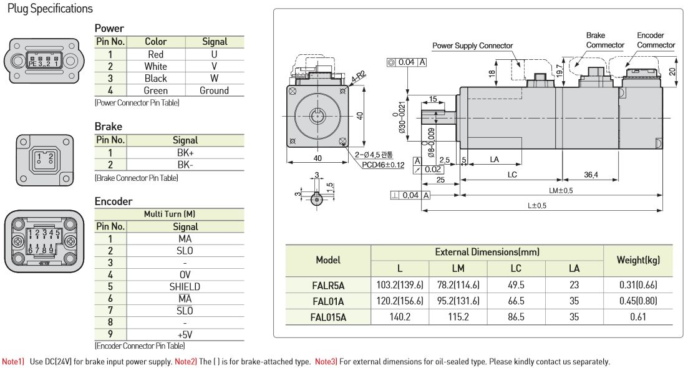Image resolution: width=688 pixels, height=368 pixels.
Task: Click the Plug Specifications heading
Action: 50,9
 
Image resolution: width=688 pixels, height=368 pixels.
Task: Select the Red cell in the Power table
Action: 155,54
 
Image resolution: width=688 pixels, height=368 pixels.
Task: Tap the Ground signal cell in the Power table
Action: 214,90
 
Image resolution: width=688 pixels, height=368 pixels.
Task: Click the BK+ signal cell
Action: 185,153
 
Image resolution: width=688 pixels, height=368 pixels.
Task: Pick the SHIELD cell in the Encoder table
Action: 185,287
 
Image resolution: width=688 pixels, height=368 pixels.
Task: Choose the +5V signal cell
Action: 185,334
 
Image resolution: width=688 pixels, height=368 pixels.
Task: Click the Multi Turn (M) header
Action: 170,214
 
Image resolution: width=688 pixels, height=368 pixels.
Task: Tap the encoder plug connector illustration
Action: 44,241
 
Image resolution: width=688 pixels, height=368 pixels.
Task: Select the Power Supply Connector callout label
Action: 472,46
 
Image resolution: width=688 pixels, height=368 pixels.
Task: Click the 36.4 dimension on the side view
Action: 591,175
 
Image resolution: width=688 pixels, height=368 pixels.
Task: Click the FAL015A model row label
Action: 328,317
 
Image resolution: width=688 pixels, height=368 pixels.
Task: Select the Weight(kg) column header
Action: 637,260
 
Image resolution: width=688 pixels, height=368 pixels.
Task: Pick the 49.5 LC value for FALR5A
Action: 516,285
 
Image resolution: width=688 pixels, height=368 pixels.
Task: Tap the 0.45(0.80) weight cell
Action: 637,301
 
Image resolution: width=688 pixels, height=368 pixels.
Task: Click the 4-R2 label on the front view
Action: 358,78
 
